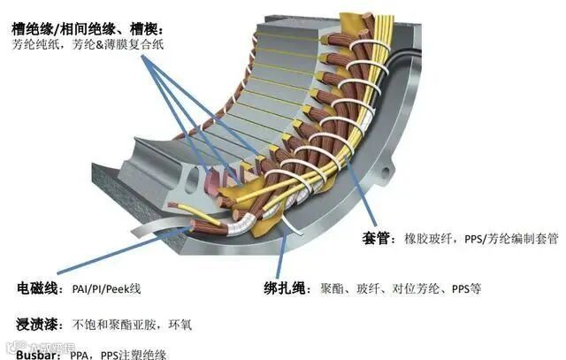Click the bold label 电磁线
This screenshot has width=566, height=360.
[x=38, y=289]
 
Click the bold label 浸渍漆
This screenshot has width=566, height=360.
[x=37, y=323]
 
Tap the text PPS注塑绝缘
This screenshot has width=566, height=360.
[x=142, y=352]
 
